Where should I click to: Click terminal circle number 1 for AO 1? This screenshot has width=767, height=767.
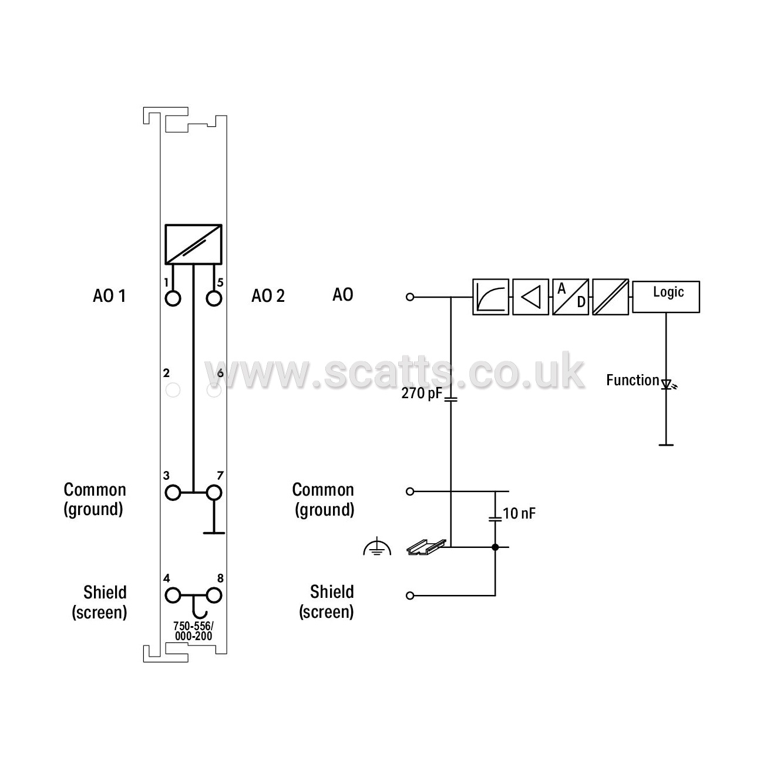(173, 298)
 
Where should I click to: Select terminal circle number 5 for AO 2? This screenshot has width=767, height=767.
(214, 298)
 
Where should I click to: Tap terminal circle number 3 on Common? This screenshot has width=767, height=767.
(173, 492)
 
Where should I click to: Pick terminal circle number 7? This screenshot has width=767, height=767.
(214, 492)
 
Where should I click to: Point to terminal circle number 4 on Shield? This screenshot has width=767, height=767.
(173, 596)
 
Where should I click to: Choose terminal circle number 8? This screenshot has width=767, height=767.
(214, 596)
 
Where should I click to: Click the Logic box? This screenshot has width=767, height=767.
(666, 297)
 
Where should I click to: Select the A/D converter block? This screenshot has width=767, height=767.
(570, 297)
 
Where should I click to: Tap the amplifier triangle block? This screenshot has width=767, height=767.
(530, 297)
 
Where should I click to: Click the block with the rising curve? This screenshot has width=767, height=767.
(491, 297)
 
